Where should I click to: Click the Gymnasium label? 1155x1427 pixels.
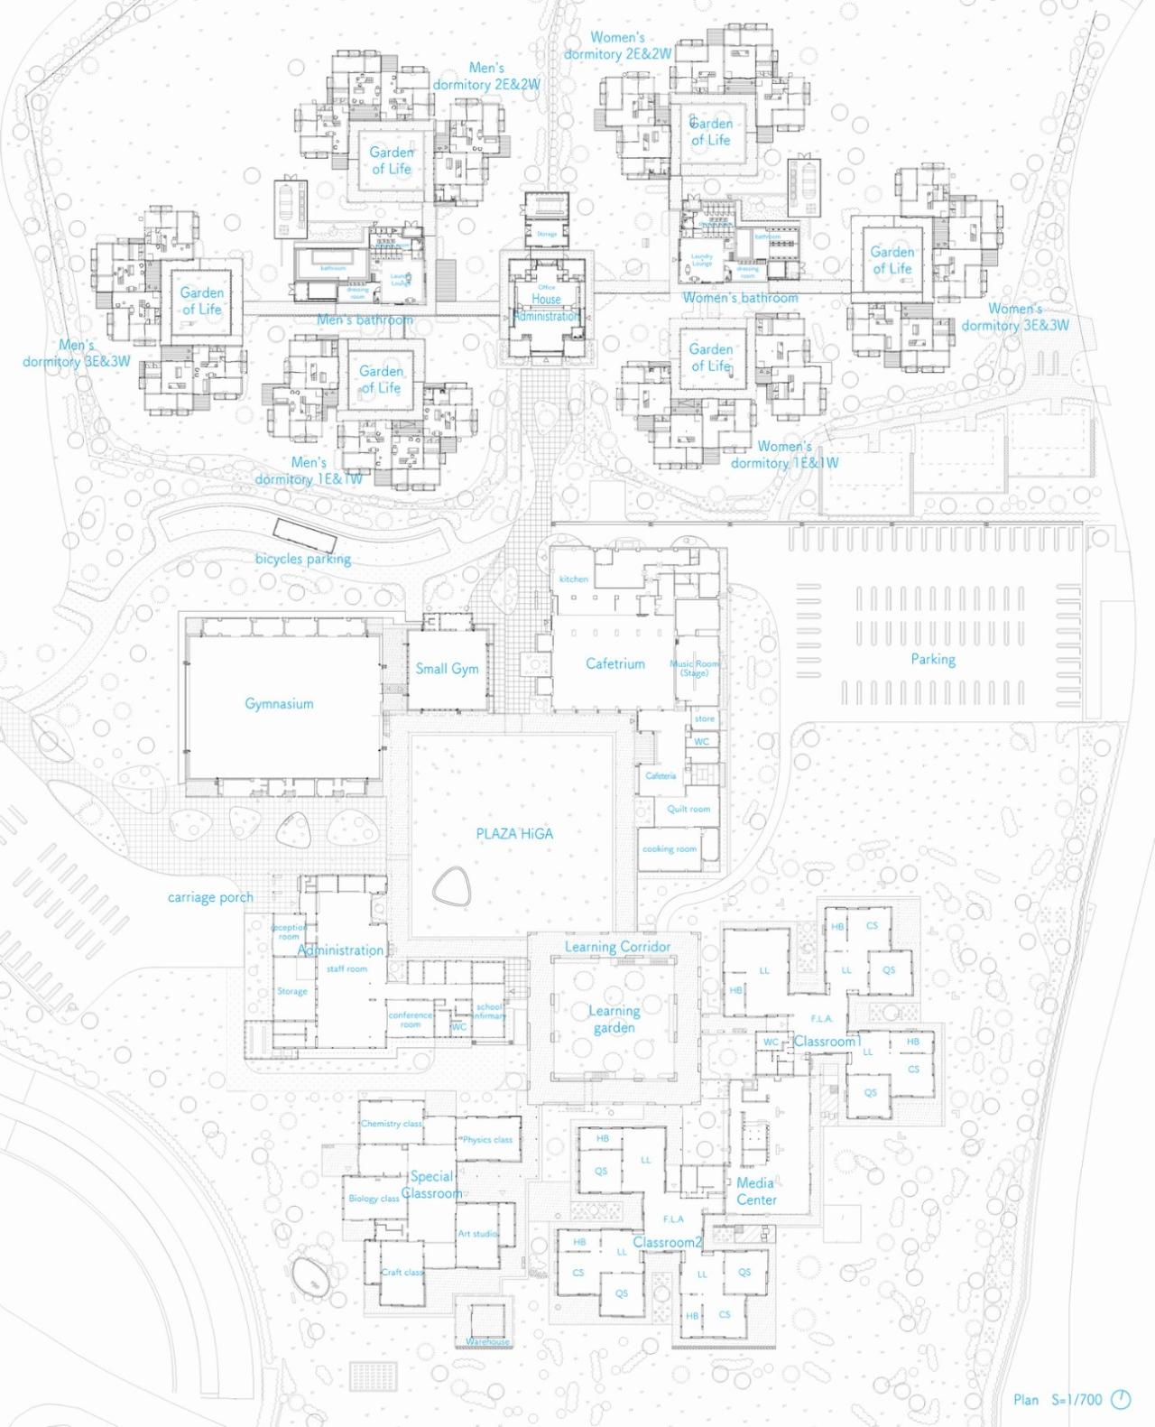click(x=279, y=703)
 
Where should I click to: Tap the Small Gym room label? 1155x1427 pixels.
click(x=447, y=669)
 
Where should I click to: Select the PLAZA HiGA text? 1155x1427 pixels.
click(x=514, y=834)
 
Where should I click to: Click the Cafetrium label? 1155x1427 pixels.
click(x=615, y=663)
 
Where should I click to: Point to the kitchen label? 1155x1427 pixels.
click(x=573, y=579)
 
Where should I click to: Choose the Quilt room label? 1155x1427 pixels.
click(x=688, y=809)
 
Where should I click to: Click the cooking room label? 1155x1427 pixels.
click(x=669, y=848)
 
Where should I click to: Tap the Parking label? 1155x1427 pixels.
click(x=933, y=660)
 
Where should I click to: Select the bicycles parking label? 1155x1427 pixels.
click(x=302, y=559)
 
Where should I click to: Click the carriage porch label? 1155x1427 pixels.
click(x=210, y=897)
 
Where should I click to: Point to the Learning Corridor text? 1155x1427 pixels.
click(x=617, y=947)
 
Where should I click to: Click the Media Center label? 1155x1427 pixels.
click(x=755, y=1191)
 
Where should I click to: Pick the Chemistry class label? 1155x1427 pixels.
click(x=391, y=1124)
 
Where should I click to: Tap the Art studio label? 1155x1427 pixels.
click(x=476, y=1234)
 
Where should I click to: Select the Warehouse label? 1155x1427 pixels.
click(x=487, y=1342)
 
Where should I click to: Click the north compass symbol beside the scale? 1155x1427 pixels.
click(x=1120, y=1400)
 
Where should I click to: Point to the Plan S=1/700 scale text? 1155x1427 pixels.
click(x=1057, y=1400)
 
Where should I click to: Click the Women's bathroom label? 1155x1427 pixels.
click(x=740, y=298)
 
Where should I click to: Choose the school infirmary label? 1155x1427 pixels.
click(x=489, y=1011)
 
